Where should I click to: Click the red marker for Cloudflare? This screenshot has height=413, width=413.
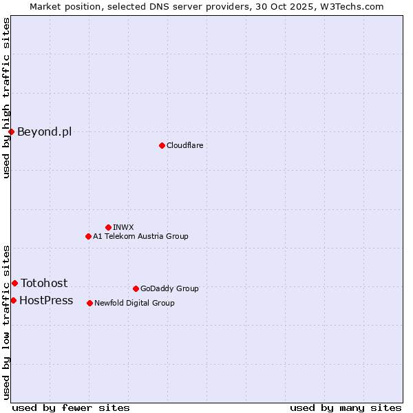coord(162,145)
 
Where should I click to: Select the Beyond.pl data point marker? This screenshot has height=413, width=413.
coord(11,131)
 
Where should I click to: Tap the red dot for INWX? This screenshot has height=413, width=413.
coord(108,227)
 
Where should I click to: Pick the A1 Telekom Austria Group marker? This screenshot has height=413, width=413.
coord(88,236)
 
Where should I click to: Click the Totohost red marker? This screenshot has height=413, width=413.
coord(14,283)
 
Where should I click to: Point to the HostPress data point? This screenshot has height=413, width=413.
coord(13,300)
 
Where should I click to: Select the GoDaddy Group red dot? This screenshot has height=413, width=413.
coord(136,288)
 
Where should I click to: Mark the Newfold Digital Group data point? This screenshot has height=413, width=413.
coord(89,303)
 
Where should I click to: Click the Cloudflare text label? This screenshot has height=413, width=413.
coord(184,145)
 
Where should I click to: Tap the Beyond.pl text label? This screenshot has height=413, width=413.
coord(44,131)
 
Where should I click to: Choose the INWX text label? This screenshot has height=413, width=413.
coord(123,227)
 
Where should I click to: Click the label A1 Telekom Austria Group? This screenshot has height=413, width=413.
coord(140,236)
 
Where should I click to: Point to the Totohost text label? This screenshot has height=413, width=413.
coord(44,283)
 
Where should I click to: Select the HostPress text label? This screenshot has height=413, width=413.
coord(46,300)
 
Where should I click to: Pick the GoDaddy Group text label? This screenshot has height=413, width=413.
coord(169,288)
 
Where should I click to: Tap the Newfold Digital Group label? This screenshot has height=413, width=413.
coord(134,303)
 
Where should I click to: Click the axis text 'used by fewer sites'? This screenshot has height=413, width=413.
coord(71,407)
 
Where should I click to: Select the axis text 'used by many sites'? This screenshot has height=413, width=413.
coord(346,407)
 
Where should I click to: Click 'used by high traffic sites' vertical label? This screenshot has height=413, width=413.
coord(6,98)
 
